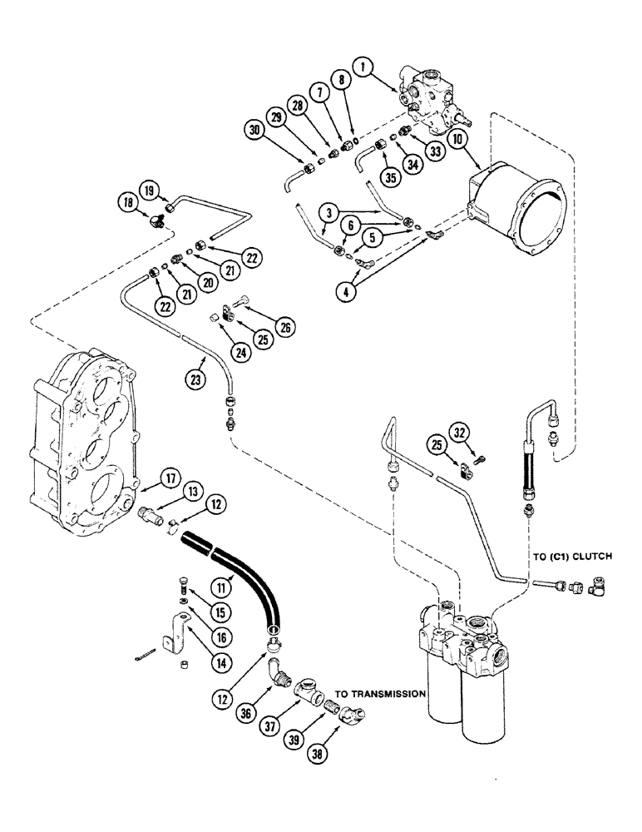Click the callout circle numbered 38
coord(320,755)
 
